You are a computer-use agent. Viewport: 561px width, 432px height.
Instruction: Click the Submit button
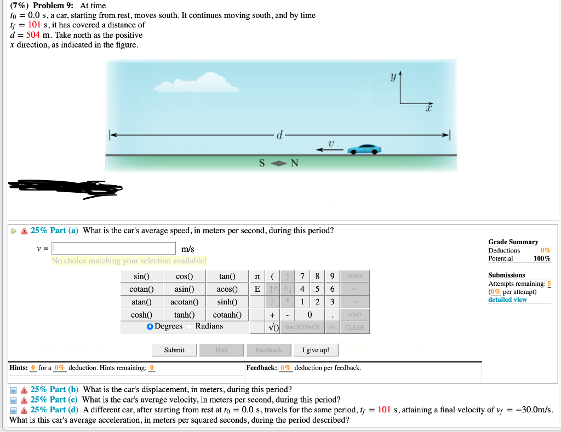pyautogui.click(x=174, y=350)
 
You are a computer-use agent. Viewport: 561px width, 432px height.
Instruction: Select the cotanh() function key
pyautogui.click(x=227, y=315)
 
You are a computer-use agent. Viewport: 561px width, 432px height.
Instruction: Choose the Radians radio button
pyautogui.click(x=191, y=326)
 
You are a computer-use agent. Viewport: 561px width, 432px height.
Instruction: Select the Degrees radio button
pyautogui.click(x=150, y=326)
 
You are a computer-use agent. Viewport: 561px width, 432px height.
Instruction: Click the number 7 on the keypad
pyautogui.click(x=302, y=276)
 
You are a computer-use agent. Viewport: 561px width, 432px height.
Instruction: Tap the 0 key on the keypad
pyautogui.click(x=310, y=315)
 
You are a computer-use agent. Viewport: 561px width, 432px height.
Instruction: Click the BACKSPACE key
pyautogui.click(x=302, y=327)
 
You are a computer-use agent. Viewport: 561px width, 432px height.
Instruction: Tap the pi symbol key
pyautogui.click(x=257, y=276)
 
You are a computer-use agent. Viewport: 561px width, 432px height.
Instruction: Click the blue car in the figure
pyautogui.click(x=364, y=149)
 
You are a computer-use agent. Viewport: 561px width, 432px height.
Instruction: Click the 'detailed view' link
pyautogui.click(x=507, y=299)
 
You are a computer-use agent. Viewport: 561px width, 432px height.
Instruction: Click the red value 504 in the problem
pyautogui.click(x=33, y=35)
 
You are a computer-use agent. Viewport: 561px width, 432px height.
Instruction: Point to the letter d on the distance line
pyautogui.click(x=279, y=134)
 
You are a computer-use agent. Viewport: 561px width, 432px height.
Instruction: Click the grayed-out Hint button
pyautogui.click(x=221, y=350)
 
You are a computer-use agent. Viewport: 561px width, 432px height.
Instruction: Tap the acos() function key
pyautogui.click(x=227, y=289)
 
